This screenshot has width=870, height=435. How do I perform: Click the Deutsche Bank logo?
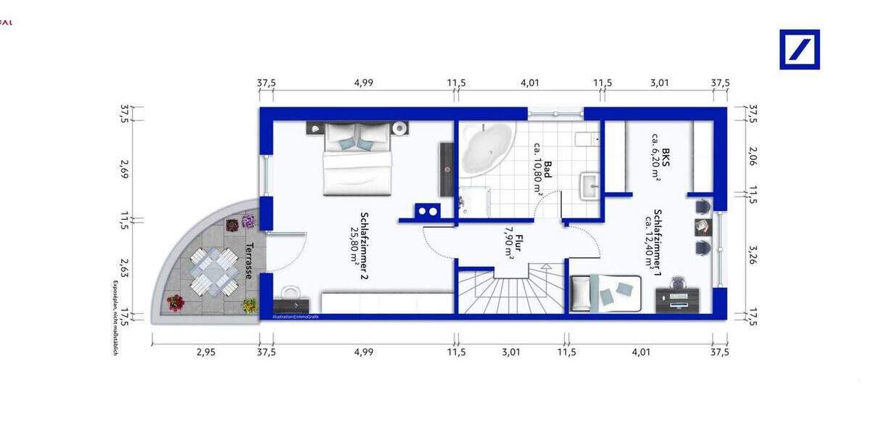(799, 49)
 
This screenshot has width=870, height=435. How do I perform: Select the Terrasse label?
(249, 260)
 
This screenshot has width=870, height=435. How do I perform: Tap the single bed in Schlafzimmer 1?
(606, 293)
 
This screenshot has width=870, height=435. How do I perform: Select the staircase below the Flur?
(512, 290)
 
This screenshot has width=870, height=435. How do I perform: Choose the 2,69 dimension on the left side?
(124, 174)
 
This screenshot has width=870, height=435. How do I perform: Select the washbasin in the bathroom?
(591, 186)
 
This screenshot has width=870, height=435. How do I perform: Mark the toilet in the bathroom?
(585, 139)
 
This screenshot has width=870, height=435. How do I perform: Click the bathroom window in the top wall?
(555, 113)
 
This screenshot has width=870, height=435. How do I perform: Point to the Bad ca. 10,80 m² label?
(542, 178)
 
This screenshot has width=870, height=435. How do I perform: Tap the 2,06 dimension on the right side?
(752, 158)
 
